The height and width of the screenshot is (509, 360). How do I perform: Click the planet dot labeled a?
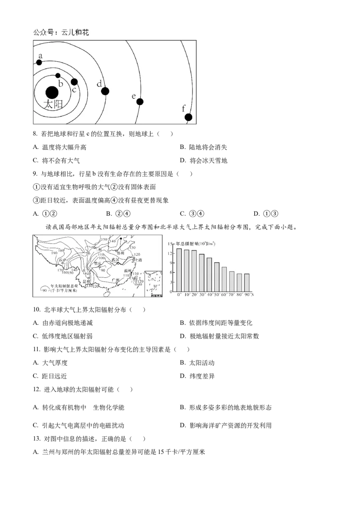pyautogui.click(x=39, y=62)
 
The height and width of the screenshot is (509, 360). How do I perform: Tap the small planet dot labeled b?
pyautogui.click(x=58, y=75)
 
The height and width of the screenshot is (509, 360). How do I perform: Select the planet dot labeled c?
pyautogui.click(x=74, y=82)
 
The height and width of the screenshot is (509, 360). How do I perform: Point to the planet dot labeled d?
pyautogui.click(x=105, y=91)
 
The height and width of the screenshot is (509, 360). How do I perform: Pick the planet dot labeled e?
pyautogui.click(x=140, y=102)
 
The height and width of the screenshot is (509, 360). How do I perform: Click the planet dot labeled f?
pyautogui.click(x=188, y=117)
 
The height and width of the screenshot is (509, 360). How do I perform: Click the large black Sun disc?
pyautogui.click(x=52, y=92)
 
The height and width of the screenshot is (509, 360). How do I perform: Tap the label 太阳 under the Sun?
pyautogui.click(x=53, y=105)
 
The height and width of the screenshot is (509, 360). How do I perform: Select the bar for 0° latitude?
pyautogui.click(x=179, y=270)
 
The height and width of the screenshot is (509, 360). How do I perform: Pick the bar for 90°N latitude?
pyautogui.click(x=247, y=282)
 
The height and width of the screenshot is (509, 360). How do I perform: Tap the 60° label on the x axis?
pyautogui.click(x=224, y=295)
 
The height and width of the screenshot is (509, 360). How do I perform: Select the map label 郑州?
pyautogui.click(x=120, y=253)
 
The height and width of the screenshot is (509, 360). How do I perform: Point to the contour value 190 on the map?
pyautogui.click(x=54, y=253)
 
